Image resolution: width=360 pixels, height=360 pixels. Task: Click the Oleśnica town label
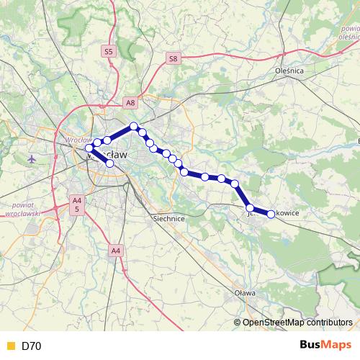290,71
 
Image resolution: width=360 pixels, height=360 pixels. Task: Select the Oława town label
246,294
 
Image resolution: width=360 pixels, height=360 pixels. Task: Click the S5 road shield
109,51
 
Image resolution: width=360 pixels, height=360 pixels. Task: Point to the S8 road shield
172,58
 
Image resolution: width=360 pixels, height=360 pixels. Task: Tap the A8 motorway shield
130,103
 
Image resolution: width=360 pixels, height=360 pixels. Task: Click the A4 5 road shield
76,204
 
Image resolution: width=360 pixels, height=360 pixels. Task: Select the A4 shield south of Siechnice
117,250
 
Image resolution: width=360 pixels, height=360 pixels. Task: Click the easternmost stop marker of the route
271,213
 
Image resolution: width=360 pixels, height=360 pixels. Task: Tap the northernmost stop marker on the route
133,127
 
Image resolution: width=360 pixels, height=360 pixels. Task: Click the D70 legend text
32,346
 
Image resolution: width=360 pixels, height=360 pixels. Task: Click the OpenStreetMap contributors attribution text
297,323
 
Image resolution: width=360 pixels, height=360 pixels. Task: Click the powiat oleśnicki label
348,32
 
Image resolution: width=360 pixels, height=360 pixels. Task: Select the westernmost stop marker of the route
89,148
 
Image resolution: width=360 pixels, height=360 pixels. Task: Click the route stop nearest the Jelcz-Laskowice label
250,207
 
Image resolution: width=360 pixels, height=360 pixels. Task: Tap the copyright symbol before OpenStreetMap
237,323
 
